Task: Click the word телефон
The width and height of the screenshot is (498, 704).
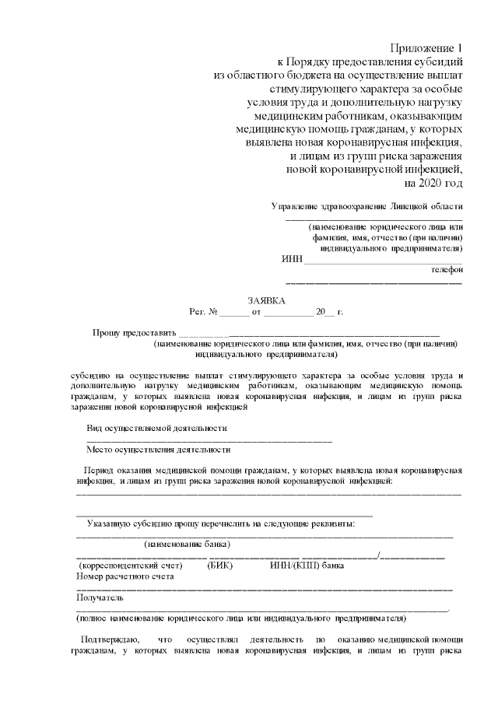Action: point(447,270)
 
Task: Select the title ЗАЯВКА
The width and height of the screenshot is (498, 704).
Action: point(266,300)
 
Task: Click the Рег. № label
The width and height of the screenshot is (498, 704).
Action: point(203,312)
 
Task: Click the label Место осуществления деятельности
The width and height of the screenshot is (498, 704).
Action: point(158,450)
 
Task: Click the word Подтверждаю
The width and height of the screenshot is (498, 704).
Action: point(111,639)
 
